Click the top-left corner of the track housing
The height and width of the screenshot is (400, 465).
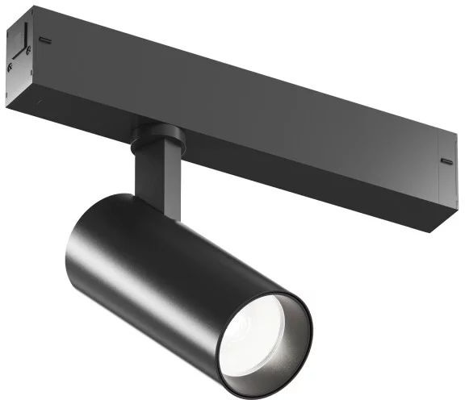[x=32, y=8]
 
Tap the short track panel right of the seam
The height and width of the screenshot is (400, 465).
[x=448, y=181]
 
